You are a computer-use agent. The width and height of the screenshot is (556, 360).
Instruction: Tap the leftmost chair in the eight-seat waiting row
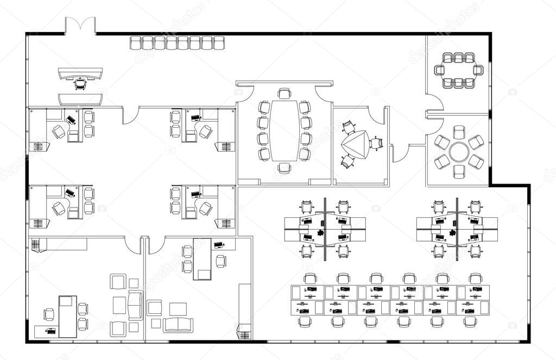135,43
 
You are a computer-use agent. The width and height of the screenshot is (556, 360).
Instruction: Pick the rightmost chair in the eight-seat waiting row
219,43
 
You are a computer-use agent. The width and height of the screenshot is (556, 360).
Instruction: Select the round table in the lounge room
459,151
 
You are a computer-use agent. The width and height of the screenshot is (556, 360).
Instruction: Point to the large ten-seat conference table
284,130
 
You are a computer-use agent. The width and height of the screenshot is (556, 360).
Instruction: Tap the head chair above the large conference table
284,93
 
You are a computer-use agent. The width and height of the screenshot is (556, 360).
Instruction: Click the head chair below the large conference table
284,167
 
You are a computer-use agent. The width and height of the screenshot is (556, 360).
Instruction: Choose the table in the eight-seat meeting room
458,70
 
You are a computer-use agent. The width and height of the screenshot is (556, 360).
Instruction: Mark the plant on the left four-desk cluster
321,233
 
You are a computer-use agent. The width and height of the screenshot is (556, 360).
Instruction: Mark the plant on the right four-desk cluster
453,233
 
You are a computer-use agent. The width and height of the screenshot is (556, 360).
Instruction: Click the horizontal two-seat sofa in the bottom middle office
178,325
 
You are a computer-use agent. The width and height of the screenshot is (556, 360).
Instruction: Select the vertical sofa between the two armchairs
135,305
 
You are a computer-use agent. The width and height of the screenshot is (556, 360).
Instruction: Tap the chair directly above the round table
459,131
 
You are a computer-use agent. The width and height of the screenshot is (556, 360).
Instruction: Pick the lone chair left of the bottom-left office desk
49,314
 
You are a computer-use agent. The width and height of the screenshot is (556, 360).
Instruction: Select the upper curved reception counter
80,73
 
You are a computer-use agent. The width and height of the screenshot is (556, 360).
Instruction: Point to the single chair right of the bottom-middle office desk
221,261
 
